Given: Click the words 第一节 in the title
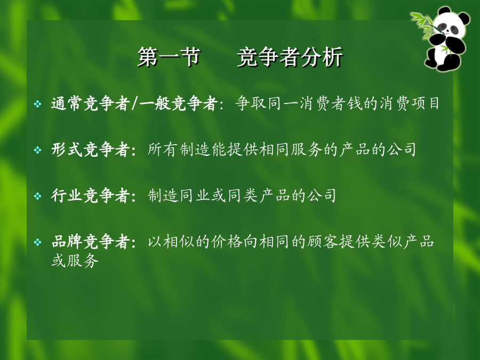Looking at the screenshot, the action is tap(169, 57).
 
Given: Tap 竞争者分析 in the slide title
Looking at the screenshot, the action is tap(290, 57).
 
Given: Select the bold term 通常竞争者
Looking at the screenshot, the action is tap(91, 103).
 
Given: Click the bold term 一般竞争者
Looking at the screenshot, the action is tap(178, 103).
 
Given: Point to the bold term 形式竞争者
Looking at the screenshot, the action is tap(91, 150).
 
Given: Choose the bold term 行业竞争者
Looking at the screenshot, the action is tap(91, 196).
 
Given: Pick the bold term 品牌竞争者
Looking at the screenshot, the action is tap(91, 242).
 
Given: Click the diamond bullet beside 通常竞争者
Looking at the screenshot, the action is tap(38, 104).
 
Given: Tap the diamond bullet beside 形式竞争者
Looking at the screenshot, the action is tap(38, 150).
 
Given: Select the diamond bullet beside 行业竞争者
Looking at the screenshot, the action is tap(38, 196).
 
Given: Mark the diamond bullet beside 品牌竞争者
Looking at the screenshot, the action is tap(38, 242).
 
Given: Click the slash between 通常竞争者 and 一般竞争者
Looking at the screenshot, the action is tap(135, 103).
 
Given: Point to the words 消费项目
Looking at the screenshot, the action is tap(410, 103).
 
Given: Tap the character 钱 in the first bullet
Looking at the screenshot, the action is tap(355, 103).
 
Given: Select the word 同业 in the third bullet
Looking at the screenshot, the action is tap(194, 196).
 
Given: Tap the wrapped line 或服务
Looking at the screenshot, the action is tap(75, 260).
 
